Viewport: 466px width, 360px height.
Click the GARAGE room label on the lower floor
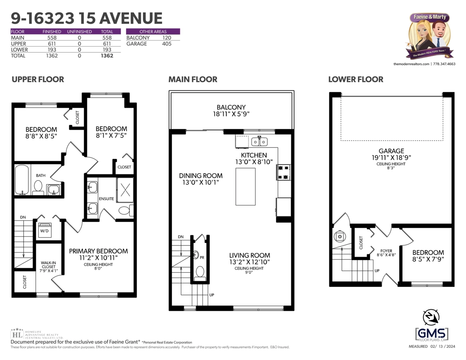click(x=391, y=151)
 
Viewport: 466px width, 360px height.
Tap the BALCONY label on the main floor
click(x=231, y=107)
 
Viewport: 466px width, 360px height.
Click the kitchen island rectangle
click(x=245, y=186)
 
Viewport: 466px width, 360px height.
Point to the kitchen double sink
click(x=259, y=142)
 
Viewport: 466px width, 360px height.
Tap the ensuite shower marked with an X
click(x=125, y=190)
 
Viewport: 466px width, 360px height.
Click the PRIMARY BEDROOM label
click(x=98, y=251)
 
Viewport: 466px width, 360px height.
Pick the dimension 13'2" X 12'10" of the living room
click(x=249, y=262)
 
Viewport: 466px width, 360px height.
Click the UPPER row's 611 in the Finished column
click(x=52, y=44)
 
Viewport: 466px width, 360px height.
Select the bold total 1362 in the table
click(x=107, y=56)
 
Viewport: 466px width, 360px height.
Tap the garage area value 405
click(x=167, y=44)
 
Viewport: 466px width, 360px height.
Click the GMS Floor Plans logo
click(x=431, y=326)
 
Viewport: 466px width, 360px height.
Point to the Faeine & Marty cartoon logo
click(x=429, y=35)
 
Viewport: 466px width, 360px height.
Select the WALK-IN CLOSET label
click(x=49, y=265)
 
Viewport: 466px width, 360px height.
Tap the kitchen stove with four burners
click(x=283, y=172)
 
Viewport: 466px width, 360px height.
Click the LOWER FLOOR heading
click(x=355, y=80)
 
